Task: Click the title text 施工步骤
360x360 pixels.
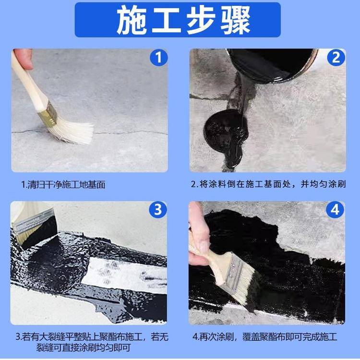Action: pyautogui.click(x=183, y=20)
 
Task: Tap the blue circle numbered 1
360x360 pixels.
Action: pyautogui.click(x=159, y=58)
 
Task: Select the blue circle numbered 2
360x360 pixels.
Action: pyautogui.click(x=336, y=58)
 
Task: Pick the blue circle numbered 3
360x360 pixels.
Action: pyautogui.click(x=158, y=210)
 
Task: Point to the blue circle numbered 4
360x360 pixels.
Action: pyautogui.click(x=335, y=210)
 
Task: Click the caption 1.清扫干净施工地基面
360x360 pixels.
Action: pyautogui.click(x=63, y=184)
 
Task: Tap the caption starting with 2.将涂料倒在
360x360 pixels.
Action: pyautogui.click(x=268, y=184)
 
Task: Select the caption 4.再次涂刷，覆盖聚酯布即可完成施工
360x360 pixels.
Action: pyautogui.click(x=264, y=336)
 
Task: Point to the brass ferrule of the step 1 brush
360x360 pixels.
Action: pyautogui.click(x=48, y=114)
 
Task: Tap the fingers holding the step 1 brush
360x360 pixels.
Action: pyautogui.click(x=23, y=59)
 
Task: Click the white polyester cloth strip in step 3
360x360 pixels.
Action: pyautogui.click(x=125, y=276)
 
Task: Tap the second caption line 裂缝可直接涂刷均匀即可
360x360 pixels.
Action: pyautogui.click(x=84, y=348)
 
